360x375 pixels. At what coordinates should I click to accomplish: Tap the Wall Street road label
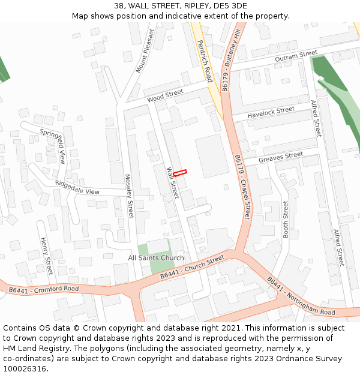(173, 183)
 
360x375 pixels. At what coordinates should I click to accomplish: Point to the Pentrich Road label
(205, 61)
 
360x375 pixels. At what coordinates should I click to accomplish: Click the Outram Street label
(296, 56)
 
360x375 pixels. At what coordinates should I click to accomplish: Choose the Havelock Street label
(271, 112)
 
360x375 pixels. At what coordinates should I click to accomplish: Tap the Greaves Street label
(281, 158)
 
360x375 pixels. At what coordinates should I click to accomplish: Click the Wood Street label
(165, 95)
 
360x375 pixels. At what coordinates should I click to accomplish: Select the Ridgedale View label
(77, 187)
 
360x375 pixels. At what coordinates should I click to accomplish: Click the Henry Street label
(46, 256)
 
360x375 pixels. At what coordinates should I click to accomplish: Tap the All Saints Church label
(156, 258)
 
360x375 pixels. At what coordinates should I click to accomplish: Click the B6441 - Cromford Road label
(44, 290)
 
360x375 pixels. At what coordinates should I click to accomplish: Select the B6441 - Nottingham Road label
(301, 296)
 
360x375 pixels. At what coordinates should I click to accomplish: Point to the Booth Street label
(286, 219)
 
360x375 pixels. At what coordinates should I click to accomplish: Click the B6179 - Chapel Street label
(242, 185)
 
